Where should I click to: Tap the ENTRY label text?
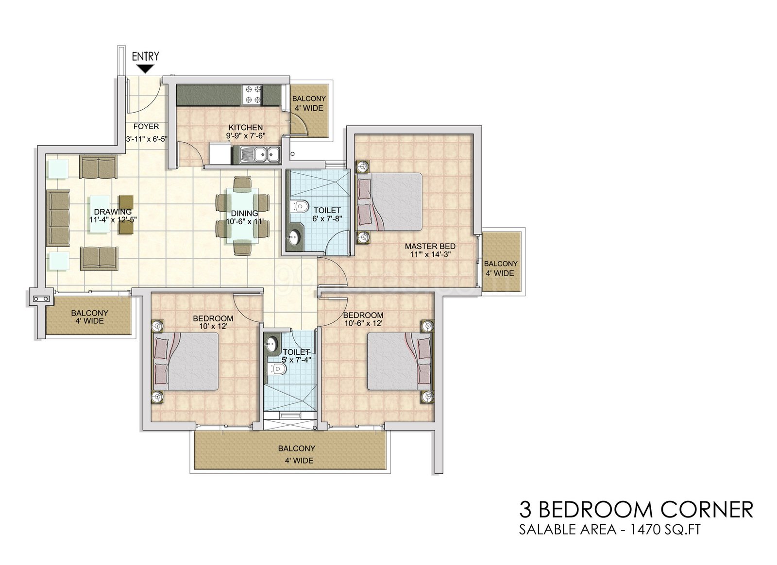(x=146, y=56)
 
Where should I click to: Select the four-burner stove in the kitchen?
(x=253, y=95)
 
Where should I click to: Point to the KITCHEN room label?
(x=246, y=127)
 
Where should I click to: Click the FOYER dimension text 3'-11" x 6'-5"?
(x=147, y=139)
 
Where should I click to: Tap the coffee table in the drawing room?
(x=100, y=214)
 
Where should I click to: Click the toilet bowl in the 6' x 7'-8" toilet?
(x=301, y=206)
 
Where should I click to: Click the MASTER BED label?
(x=430, y=247)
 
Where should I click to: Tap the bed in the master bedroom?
(x=389, y=202)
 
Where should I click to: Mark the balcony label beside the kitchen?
(x=309, y=103)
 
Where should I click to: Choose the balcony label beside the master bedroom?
(x=501, y=268)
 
